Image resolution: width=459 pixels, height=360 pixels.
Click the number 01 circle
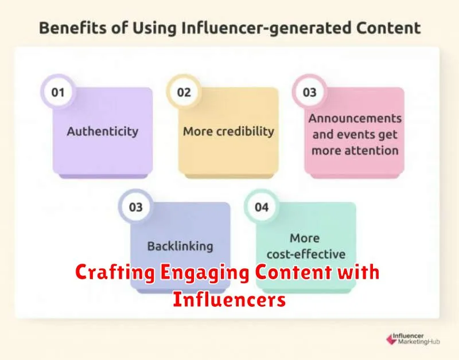pyautogui.click(x=58, y=92)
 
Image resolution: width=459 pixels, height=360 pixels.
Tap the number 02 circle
pyautogui.click(x=184, y=92)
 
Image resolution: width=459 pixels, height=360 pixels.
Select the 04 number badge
pyautogui.click(x=262, y=207)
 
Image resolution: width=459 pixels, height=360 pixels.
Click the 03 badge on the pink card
pyautogui.click(x=309, y=92)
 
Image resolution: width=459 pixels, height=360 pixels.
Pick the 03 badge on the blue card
pyautogui.click(x=135, y=207)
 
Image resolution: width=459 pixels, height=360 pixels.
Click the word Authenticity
pyautogui.click(x=103, y=131)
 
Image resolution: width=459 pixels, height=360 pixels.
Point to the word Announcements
pyautogui.click(x=355, y=119)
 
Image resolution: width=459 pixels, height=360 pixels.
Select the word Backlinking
pyautogui.click(x=180, y=246)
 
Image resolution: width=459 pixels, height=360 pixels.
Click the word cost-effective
pyautogui.click(x=306, y=254)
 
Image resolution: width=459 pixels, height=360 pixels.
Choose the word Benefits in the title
pyautogui.click(x=73, y=28)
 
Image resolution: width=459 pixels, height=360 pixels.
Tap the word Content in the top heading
pyautogui.click(x=388, y=28)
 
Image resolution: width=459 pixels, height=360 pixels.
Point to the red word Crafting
pyautogui.click(x=115, y=272)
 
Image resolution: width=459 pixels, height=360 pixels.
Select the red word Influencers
pyautogui.click(x=229, y=299)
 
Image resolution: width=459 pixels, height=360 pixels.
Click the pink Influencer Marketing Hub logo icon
pyautogui.click(x=391, y=339)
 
